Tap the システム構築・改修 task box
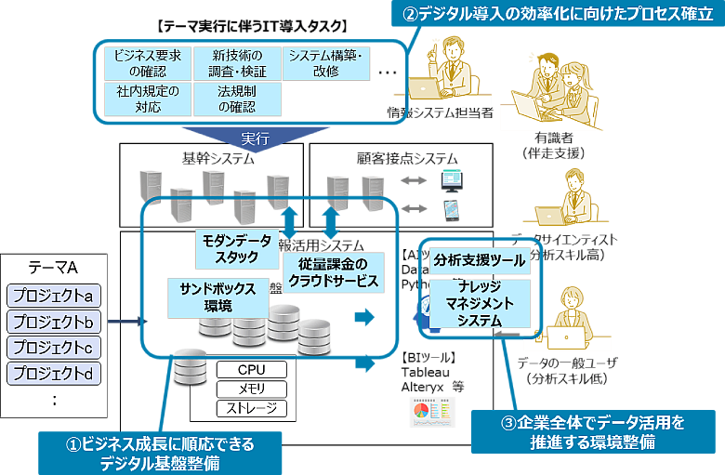(323, 63)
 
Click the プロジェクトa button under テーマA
(52, 297)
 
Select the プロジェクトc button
(52, 349)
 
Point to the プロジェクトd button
(52, 375)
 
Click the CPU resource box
(251, 370)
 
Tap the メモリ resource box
(251, 389)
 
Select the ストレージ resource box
(251, 409)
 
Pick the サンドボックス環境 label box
(218, 297)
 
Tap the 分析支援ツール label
(479, 261)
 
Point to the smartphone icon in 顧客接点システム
(452, 211)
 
